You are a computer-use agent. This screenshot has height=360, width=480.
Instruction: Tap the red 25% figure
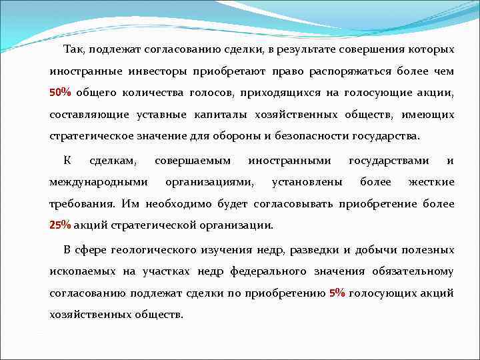[61, 225]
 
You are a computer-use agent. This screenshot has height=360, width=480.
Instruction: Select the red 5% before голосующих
[337, 293]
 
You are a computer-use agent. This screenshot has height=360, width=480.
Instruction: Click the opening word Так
[73, 49]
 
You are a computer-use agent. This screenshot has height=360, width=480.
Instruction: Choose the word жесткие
[431, 182]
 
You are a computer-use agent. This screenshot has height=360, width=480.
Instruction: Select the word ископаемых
[83, 271]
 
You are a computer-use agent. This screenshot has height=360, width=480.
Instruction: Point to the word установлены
[307, 182]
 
